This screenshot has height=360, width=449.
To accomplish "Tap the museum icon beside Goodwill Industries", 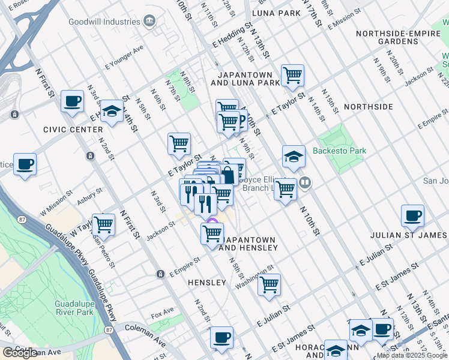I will coord(149,22).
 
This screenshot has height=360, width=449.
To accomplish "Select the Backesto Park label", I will coord(339,152).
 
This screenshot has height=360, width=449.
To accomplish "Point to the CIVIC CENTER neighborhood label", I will coord(73,129).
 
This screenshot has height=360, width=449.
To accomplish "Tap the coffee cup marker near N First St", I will coord(72,101).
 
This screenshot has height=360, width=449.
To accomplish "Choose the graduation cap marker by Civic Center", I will coord(112,111).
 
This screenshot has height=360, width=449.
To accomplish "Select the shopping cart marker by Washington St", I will coord(270,284).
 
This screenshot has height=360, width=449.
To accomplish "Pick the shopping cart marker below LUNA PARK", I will coord(292,75).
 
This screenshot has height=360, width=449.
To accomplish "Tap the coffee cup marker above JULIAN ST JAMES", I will coord(412,216).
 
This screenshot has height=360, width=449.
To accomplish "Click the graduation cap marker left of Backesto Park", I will coord(294,157).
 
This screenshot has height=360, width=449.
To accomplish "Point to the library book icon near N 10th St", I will coord(306,182).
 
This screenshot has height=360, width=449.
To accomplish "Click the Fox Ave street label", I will coord(162,313).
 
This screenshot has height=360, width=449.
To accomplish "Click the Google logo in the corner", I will coord(20,353).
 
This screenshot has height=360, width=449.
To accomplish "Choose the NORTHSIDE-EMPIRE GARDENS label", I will coord(398,38).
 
